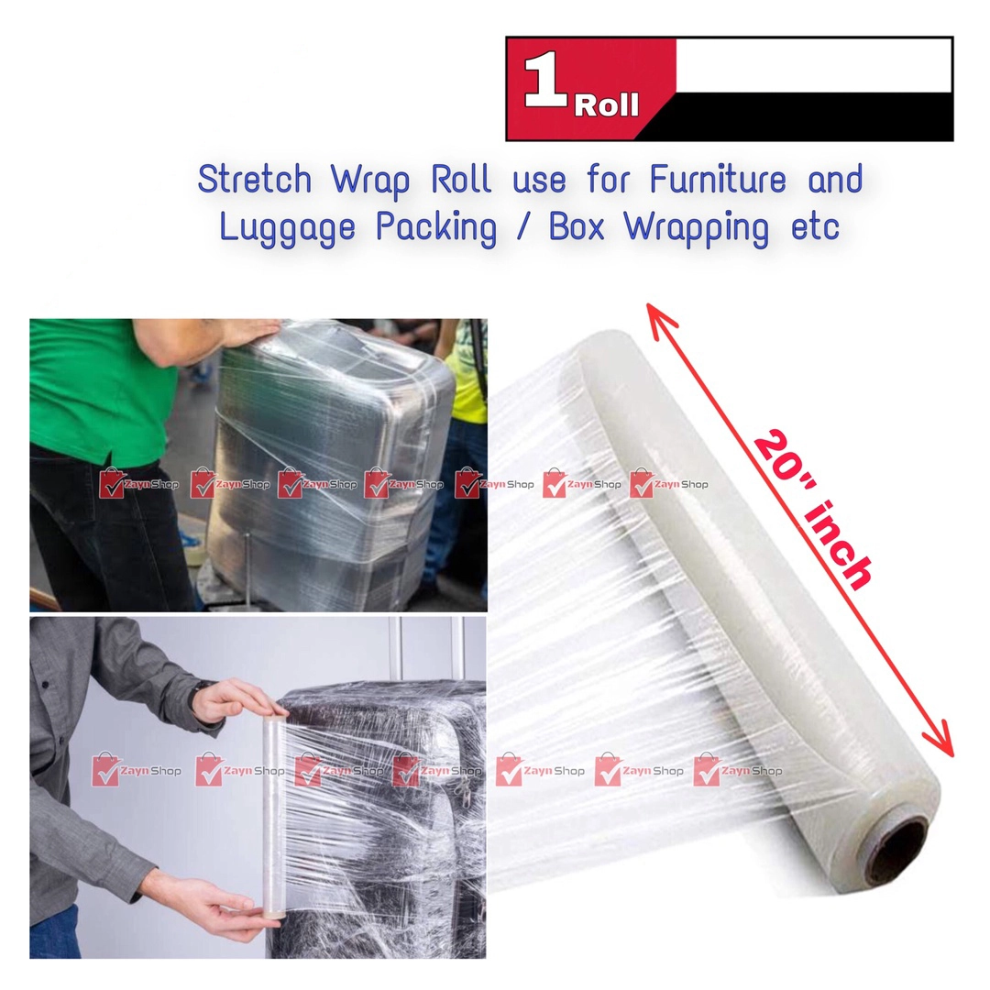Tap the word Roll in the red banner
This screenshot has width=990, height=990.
point(606,106)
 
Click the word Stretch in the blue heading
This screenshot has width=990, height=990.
point(253,181)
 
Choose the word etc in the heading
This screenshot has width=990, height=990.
point(815,227)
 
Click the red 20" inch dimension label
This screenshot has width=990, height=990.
point(811,510)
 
